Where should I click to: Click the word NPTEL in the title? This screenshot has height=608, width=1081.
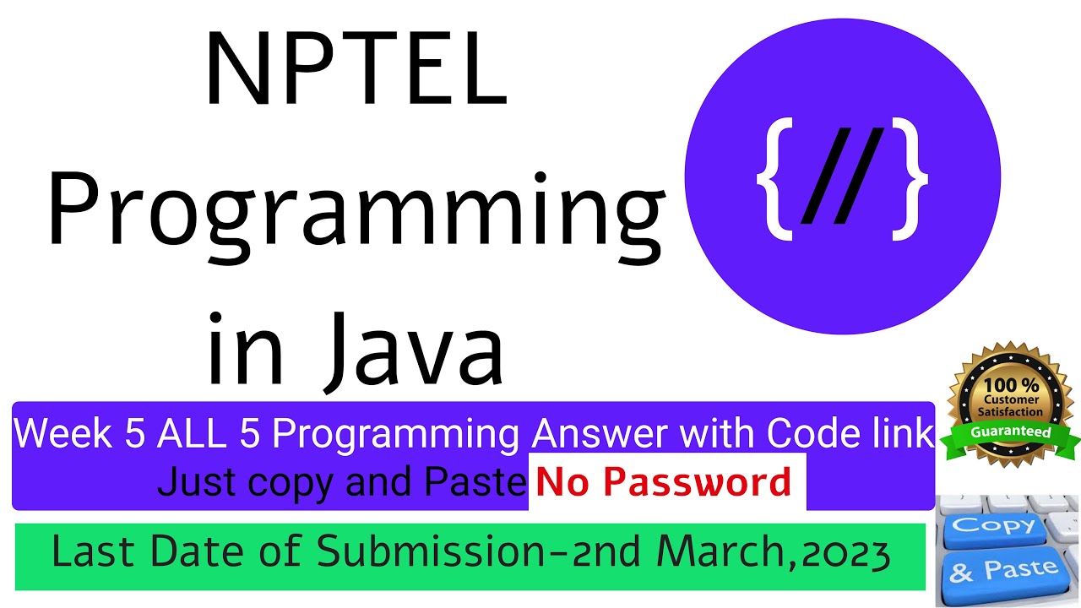pyautogui.click(x=356, y=67)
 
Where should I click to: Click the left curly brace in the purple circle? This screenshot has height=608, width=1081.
pyautogui.click(x=774, y=178)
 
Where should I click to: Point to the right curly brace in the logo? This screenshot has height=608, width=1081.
pyautogui.click(x=910, y=178)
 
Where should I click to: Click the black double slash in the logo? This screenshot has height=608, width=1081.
pyautogui.click(x=843, y=176)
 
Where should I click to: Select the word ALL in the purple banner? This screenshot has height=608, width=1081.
pyautogui.click(x=192, y=433)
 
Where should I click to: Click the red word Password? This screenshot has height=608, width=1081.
pyautogui.click(x=697, y=482)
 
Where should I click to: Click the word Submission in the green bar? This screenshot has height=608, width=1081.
pyautogui.click(x=431, y=551)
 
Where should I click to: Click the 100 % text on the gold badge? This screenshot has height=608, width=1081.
pyautogui.click(x=1011, y=385)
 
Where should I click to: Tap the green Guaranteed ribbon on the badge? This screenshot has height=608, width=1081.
pyautogui.click(x=1011, y=432)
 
